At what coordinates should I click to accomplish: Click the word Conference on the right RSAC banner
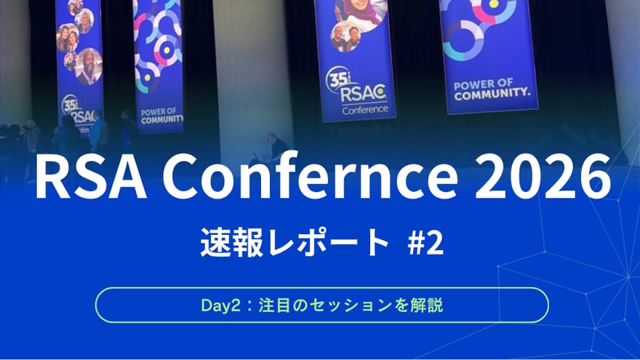[x=361, y=110]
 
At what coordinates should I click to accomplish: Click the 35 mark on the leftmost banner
[x=70, y=103]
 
